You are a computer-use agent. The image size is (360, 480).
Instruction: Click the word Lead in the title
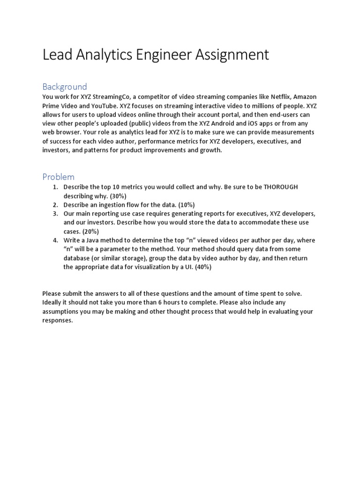coord(56,55)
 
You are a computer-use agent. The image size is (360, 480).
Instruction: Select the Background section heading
coord(65,87)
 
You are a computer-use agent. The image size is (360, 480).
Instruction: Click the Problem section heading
coord(58,177)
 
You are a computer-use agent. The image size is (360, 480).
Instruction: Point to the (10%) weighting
coord(185,205)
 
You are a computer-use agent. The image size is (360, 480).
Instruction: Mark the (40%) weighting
coord(202,267)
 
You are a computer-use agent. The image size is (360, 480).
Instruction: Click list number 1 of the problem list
coord(55,187)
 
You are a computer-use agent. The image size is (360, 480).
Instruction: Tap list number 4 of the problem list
coord(55,240)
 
